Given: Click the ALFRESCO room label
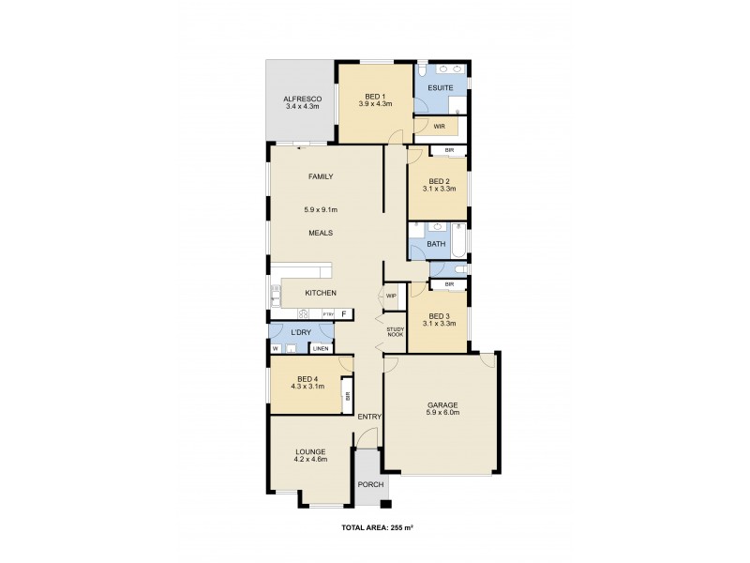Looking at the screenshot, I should pyautogui.click(x=303, y=99).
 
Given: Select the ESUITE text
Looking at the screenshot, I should pyautogui.click(x=440, y=88).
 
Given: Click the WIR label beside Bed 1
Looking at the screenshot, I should pyautogui.click(x=439, y=126).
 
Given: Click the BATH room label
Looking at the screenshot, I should pyautogui.click(x=436, y=244).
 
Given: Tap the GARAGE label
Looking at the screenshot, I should pyautogui.click(x=442, y=405).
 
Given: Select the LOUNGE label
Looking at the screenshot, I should pyautogui.click(x=310, y=451).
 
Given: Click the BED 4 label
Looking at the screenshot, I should pyautogui.click(x=307, y=378).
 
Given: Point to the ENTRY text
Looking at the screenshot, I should pyautogui.click(x=368, y=417).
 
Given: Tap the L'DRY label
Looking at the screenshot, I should pyautogui.click(x=301, y=332).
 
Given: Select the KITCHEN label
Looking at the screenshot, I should pyautogui.click(x=320, y=293).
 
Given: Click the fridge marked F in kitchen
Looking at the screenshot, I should pyautogui.click(x=344, y=313).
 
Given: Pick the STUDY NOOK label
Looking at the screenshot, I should pyautogui.click(x=396, y=332).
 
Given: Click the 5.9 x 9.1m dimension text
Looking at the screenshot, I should pyautogui.click(x=321, y=209).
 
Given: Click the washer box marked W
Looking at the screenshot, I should pyautogui.click(x=276, y=349).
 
